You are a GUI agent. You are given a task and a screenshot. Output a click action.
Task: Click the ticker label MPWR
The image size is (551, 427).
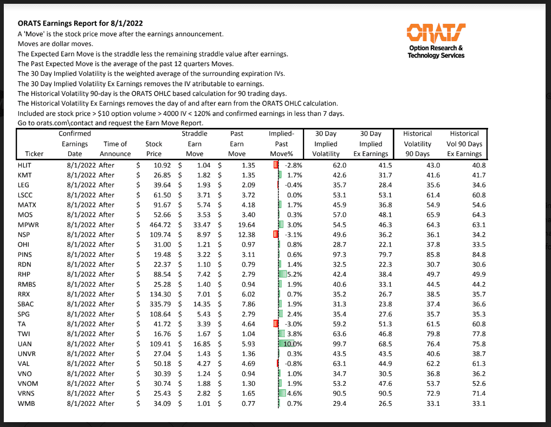click(x=28, y=224)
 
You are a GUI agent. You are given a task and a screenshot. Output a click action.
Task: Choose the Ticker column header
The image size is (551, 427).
click(x=34, y=154)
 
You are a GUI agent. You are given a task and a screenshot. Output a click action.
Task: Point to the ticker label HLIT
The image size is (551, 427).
click(x=25, y=165)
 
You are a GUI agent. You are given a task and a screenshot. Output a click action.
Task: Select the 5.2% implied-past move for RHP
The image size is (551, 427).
click(x=294, y=274)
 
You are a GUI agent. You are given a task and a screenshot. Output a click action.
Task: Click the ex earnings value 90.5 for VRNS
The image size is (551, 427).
click(x=382, y=393)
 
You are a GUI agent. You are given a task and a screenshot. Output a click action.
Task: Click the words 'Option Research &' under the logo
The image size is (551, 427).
click(x=436, y=48)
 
